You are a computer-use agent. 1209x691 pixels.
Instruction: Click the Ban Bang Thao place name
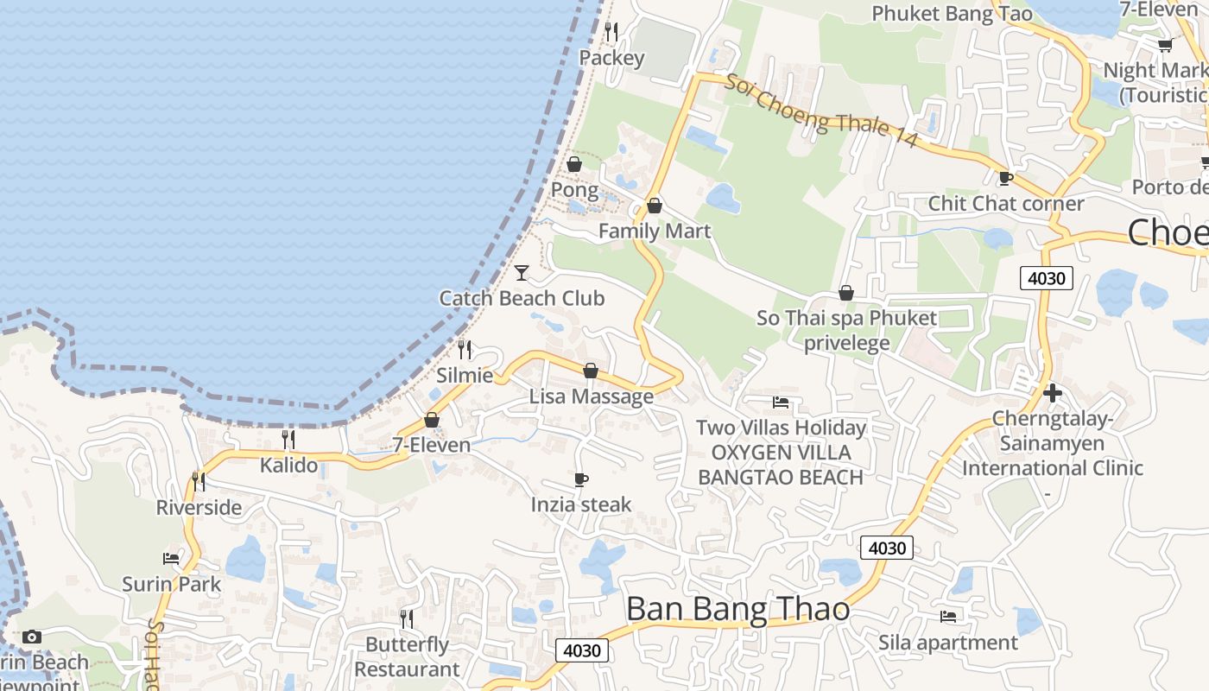tap(737, 610)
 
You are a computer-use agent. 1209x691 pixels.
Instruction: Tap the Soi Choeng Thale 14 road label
tap(820, 111)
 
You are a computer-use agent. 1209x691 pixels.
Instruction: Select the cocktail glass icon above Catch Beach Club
tap(522, 273)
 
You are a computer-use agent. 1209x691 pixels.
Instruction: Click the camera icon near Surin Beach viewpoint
tap(32, 637)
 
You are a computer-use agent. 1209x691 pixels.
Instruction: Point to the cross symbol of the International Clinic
tap(1052, 393)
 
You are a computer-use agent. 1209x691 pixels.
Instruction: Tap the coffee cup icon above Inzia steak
tap(581, 479)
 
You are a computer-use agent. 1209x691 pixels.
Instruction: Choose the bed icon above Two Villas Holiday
tap(781, 403)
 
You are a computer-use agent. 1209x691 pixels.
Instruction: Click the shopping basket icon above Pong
tap(574, 164)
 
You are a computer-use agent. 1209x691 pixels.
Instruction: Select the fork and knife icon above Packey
tap(611, 32)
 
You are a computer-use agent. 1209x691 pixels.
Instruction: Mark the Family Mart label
tap(655, 231)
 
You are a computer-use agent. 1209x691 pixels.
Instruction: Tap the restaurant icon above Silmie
tap(465, 350)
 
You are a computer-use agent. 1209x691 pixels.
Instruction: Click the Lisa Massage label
tap(592, 396)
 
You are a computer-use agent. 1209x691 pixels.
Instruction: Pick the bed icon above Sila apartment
tap(947, 617)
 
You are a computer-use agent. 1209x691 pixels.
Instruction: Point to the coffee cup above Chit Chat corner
tap(1005, 179)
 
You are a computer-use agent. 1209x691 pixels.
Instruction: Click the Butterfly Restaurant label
tap(407, 656)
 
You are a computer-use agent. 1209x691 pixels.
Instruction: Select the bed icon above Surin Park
tap(171, 559)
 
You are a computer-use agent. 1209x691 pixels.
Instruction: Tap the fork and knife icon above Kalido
tap(288, 440)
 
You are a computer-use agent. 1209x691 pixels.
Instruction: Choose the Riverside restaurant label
tap(199, 507)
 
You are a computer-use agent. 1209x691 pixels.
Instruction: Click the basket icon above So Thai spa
tap(846, 294)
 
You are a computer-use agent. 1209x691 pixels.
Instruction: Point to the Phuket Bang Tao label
tap(952, 14)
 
